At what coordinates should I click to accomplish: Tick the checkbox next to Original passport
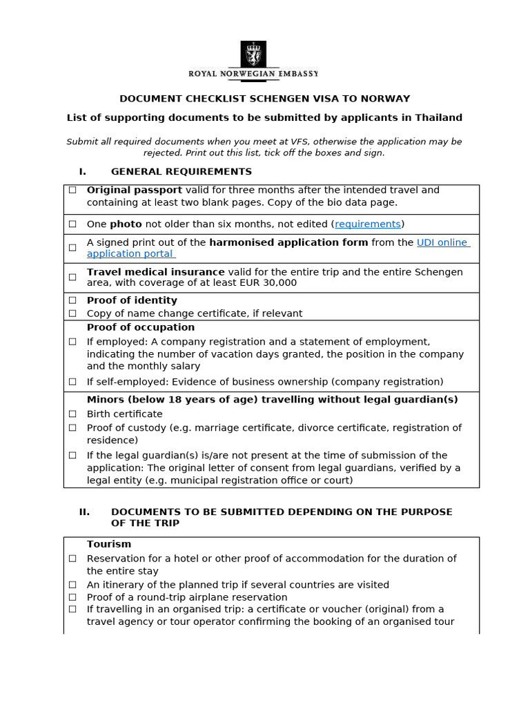coord(72,190)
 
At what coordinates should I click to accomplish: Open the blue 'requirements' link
coord(367,224)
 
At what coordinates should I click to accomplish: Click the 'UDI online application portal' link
coord(442,242)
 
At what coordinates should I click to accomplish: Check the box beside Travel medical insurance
coord(72,277)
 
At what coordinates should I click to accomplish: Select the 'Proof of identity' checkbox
coord(72,300)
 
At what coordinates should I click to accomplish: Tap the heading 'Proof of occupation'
coord(141,327)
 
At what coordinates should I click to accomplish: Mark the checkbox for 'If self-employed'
coord(72,382)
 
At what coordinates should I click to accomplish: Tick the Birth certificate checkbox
coord(72,414)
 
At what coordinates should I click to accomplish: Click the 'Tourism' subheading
coord(108,544)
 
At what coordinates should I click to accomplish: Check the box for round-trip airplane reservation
coord(72,597)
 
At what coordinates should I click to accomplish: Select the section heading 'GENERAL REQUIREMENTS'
coord(181,171)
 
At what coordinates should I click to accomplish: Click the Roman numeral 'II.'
coord(84,512)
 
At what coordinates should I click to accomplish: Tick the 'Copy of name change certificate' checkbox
coord(72,313)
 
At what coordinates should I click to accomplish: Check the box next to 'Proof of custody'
coord(72,428)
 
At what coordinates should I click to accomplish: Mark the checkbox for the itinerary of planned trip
coord(72,585)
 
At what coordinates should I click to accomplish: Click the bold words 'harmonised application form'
coord(288,242)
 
